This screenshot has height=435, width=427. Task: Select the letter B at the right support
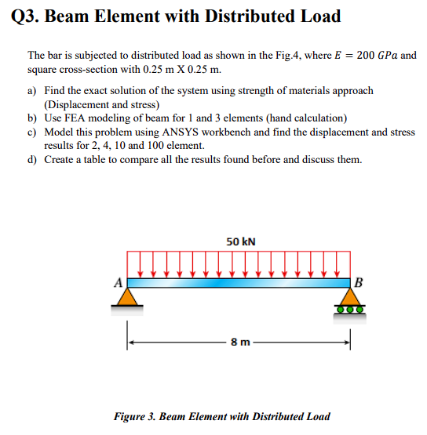click(359, 282)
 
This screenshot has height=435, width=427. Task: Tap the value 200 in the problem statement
click(366, 56)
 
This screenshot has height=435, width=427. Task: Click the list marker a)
click(33, 91)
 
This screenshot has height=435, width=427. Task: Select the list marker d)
click(33, 159)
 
